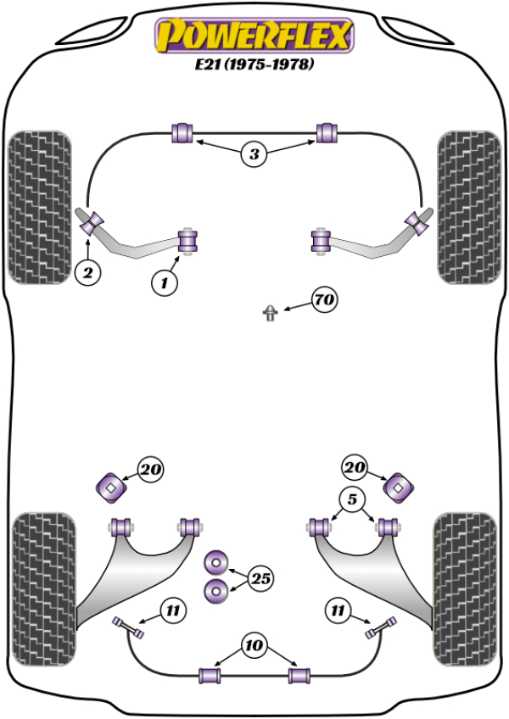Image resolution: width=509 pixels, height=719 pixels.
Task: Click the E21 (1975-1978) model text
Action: point(252,64)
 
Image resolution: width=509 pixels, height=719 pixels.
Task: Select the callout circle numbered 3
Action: point(254,154)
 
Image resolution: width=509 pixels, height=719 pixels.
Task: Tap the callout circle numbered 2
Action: point(87,272)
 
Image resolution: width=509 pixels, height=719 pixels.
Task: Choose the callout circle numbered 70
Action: point(323,299)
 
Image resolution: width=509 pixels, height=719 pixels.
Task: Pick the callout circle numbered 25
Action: point(263,579)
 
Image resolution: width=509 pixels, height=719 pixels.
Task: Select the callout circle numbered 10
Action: point(254,646)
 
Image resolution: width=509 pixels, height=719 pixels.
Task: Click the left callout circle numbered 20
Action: point(149,469)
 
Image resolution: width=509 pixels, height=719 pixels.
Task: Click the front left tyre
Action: point(38,206)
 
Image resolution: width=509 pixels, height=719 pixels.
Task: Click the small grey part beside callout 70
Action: point(270,313)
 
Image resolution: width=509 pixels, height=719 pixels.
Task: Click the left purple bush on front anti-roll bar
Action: point(183,132)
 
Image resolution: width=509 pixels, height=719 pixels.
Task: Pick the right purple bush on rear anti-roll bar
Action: point(296,675)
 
